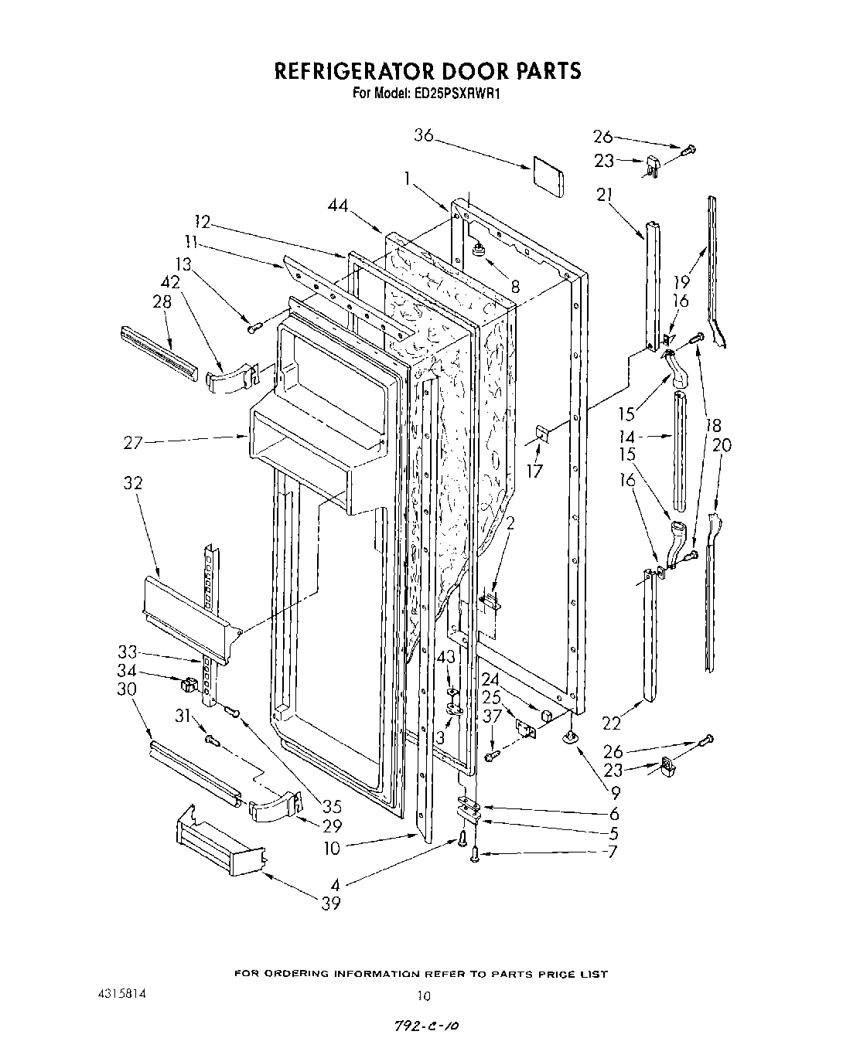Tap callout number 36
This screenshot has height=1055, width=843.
pyautogui.click(x=423, y=135)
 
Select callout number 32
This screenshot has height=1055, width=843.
pyautogui.click(x=133, y=483)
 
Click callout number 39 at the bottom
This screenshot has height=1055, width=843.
pyautogui.click(x=331, y=904)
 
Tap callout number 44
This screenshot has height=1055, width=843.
pyautogui.click(x=337, y=206)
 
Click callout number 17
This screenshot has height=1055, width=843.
pyautogui.click(x=534, y=471)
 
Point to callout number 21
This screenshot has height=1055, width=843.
pyautogui.click(x=605, y=195)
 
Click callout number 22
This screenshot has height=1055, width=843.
pyautogui.click(x=612, y=723)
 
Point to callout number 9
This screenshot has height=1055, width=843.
pyautogui.click(x=615, y=791)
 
